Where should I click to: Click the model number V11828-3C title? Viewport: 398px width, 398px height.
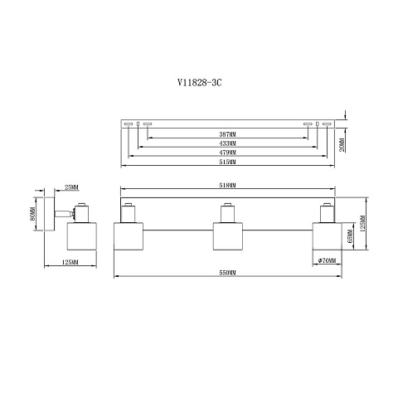[x=200, y=82]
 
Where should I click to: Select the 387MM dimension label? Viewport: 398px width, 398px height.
[x=227, y=134]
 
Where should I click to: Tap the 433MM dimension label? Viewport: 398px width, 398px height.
[x=227, y=143]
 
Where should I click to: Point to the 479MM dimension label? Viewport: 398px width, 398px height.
[x=227, y=153]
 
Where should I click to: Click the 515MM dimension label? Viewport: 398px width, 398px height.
[x=227, y=162]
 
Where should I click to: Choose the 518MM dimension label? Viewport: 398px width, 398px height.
[x=227, y=185]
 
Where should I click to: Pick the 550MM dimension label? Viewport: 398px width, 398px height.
[x=227, y=273]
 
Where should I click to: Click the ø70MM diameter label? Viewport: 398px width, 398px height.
[x=327, y=260]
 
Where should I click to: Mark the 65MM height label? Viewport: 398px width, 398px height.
[x=350, y=236]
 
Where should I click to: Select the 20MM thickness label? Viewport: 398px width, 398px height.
[x=342, y=144]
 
